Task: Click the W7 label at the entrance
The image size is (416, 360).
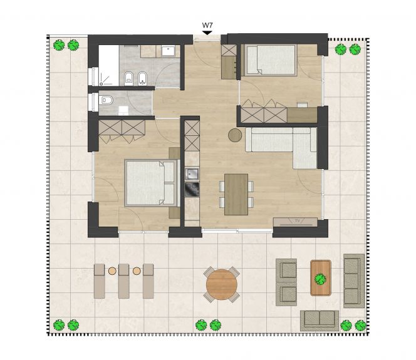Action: click(x=207, y=26)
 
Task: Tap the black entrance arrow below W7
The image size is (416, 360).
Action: click(x=207, y=33)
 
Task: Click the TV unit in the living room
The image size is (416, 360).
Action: click(x=295, y=222)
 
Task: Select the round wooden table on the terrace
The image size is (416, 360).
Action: click(x=222, y=284)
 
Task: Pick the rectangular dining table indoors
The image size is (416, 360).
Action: click(x=236, y=194)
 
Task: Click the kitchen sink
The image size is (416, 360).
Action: click(x=192, y=174)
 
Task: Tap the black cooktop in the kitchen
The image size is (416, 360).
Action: click(x=192, y=189)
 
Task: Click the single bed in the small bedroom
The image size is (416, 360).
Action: click(x=271, y=60)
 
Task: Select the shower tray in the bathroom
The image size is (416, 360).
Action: click(x=109, y=65)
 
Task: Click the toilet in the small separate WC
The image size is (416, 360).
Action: click(x=106, y=100)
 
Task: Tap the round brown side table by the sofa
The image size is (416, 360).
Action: click(x=235, y=135)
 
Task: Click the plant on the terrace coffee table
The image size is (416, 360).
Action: click(x=321, y=279)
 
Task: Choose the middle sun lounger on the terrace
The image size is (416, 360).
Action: click(x=123, y=281)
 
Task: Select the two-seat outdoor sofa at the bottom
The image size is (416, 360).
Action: click(x=320, y=321)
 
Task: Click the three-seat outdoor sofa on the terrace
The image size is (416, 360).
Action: click(x=354, y=281)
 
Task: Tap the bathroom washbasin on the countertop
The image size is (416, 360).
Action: click(x=168, y=51)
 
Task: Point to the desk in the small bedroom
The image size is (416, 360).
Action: click(x=302, y=115)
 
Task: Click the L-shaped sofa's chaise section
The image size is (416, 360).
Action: click(x=304, y=148)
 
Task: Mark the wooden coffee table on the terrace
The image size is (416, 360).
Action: click(x=321, y=278)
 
